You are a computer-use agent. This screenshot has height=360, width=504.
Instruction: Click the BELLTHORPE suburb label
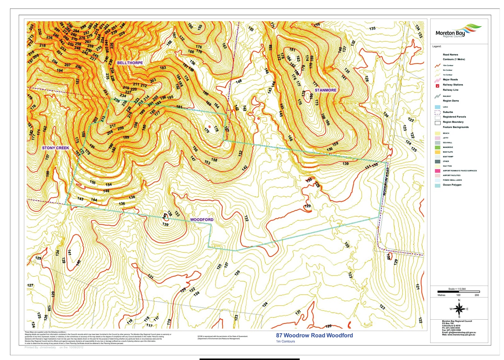(x=130, y=63)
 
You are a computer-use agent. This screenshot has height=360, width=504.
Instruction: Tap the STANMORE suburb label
(x=325, y=90)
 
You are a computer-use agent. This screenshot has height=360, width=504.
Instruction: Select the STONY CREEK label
(x=55, y=148)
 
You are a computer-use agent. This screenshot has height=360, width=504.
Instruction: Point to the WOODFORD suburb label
(x=202, y=220)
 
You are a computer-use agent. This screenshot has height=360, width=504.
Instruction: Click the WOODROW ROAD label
(x=386, y=181)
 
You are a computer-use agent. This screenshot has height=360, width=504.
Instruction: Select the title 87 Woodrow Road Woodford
(x=314, y=336)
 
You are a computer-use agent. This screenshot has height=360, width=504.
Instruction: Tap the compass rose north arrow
(x=459, y=308)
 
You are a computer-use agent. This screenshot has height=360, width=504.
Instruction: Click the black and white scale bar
(x=458, y=292)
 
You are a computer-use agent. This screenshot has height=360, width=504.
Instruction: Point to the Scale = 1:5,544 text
(x=457, y=289)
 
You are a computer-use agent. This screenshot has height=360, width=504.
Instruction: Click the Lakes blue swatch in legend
(x=438, y=107)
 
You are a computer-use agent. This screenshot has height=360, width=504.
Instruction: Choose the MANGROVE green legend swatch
(x=438, y=147)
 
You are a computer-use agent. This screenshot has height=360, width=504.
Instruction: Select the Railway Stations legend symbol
(x=438, y=86)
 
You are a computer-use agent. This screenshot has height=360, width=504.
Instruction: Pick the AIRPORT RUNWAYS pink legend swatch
(x=438, y=171)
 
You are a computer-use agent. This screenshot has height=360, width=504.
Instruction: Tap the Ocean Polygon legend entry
(x=452, y=185)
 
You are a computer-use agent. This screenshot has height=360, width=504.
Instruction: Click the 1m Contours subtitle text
(x=285, y=341)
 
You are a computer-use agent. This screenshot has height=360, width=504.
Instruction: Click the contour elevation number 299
(x=83, y=27)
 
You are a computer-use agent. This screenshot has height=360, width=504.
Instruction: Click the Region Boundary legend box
(x=438, y=123)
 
